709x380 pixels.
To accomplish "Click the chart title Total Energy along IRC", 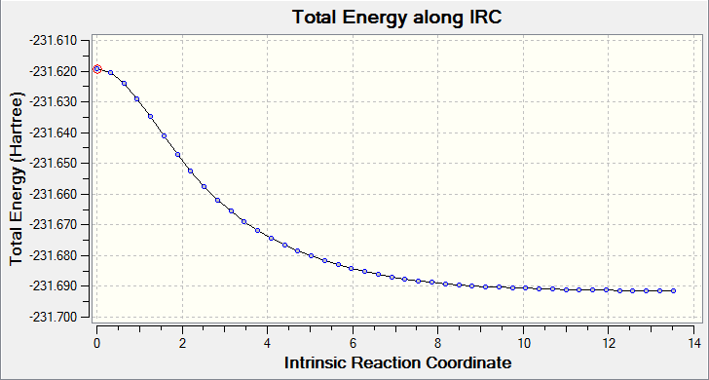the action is (x=397, y=18).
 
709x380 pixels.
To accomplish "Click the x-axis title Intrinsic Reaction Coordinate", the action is (x=398, y=362).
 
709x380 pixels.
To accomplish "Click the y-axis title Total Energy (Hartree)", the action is (x=18, y=179).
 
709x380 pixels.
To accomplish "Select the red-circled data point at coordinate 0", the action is (x=96, y=69).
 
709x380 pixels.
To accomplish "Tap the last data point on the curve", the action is (x=673, y=291).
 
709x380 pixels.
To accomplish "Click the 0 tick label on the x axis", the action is (x=96, y=341).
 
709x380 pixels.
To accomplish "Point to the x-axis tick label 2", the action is (x=182, y=341).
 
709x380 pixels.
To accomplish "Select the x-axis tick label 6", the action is (x=353, y=341).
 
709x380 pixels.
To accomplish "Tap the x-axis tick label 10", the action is (x=523, y=341).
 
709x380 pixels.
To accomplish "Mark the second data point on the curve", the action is (x=110, y=72).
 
